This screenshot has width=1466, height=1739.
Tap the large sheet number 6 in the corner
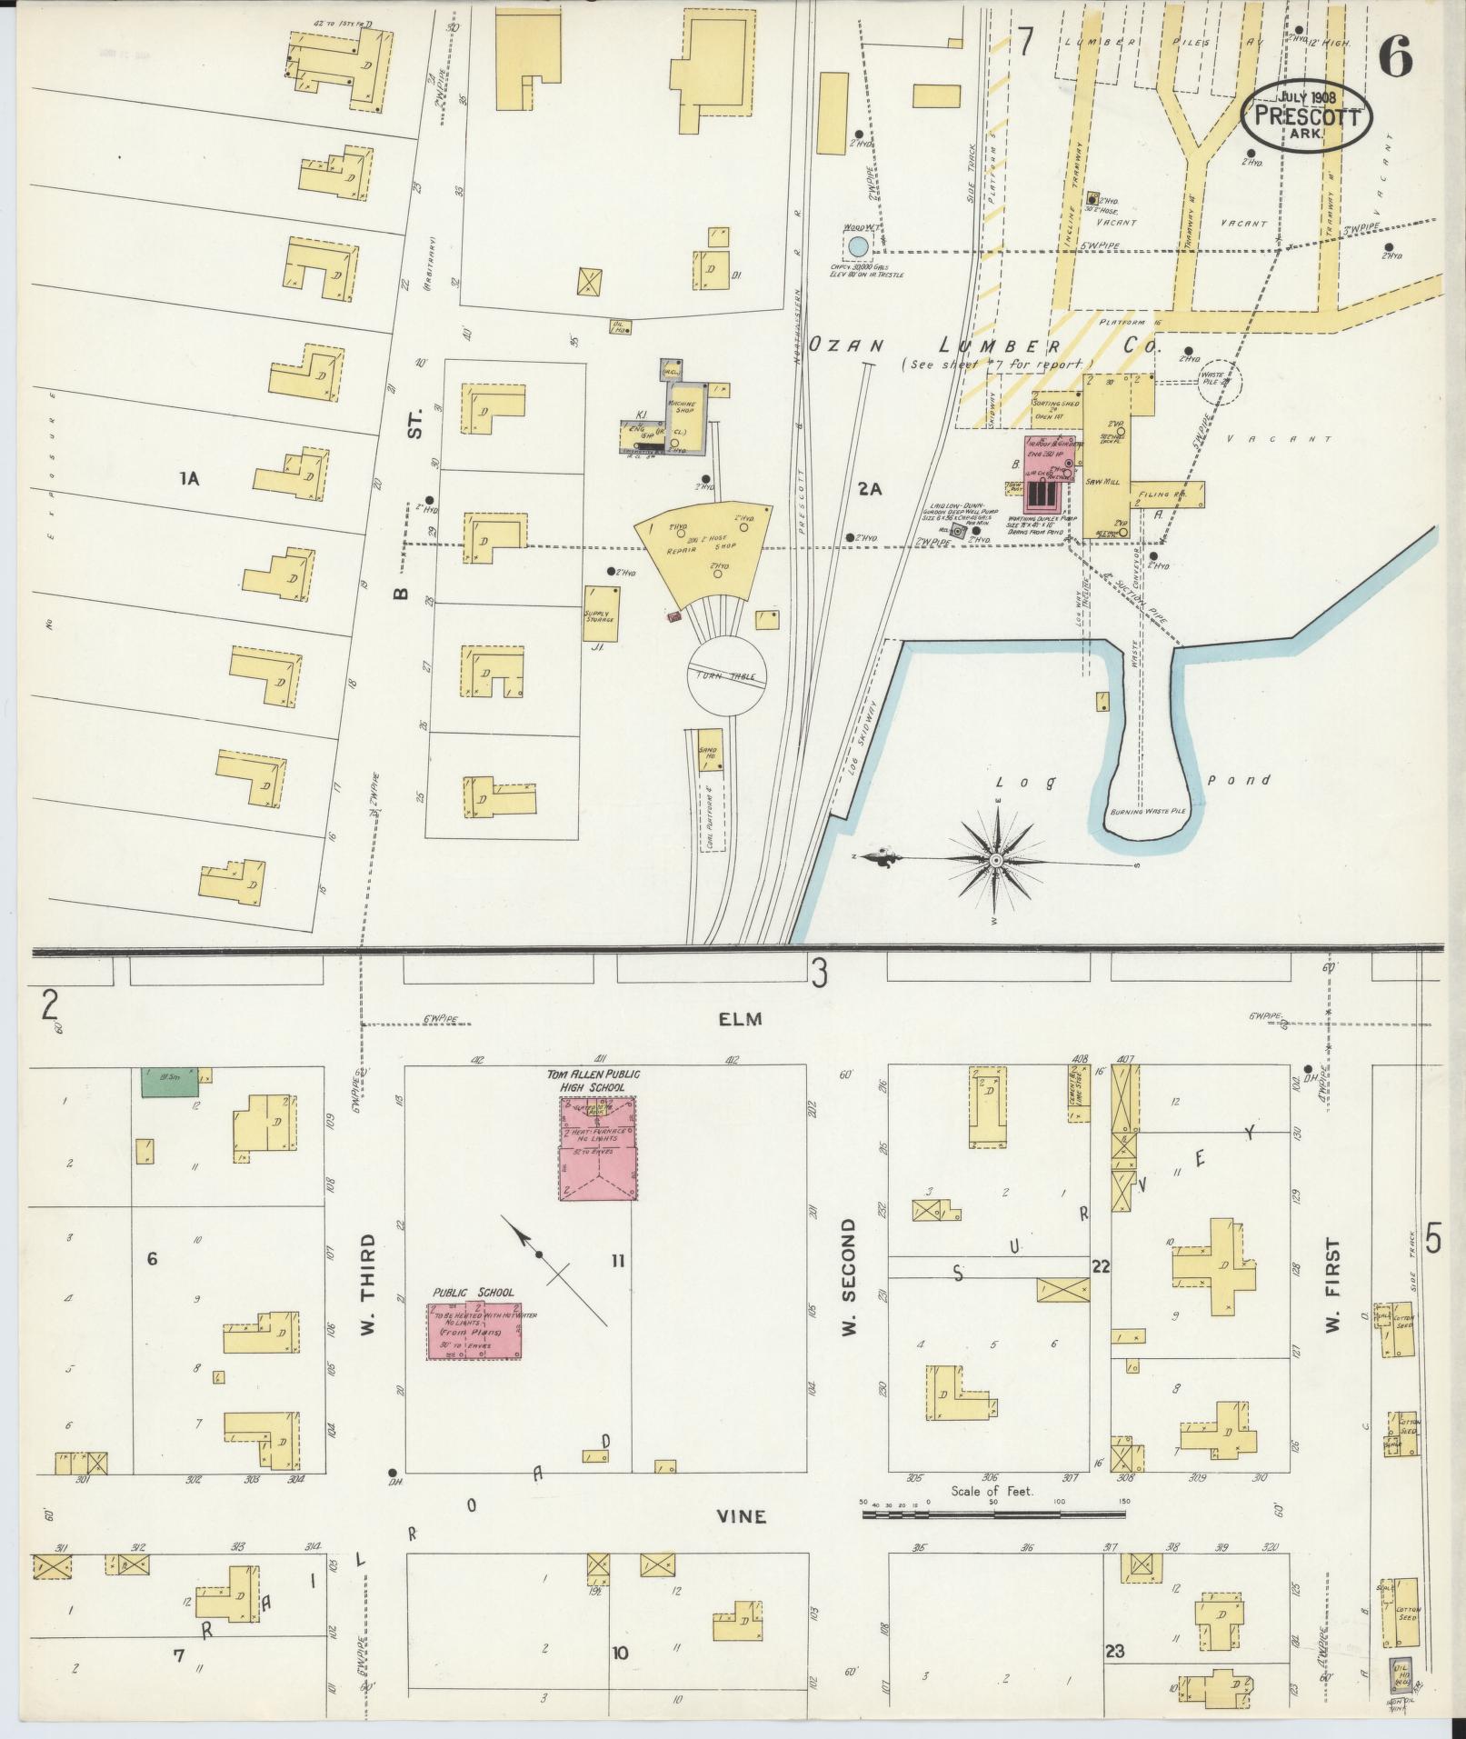(1396, 61)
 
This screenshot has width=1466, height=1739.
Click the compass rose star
(997, 860)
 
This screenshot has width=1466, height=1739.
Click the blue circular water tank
(856, 245)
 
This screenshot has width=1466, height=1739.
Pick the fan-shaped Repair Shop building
(706, 548)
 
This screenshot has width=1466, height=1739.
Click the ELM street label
(739, 1019)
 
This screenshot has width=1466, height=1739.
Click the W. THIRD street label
(368, 1284)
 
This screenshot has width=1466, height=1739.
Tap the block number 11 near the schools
(618, 1260)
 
